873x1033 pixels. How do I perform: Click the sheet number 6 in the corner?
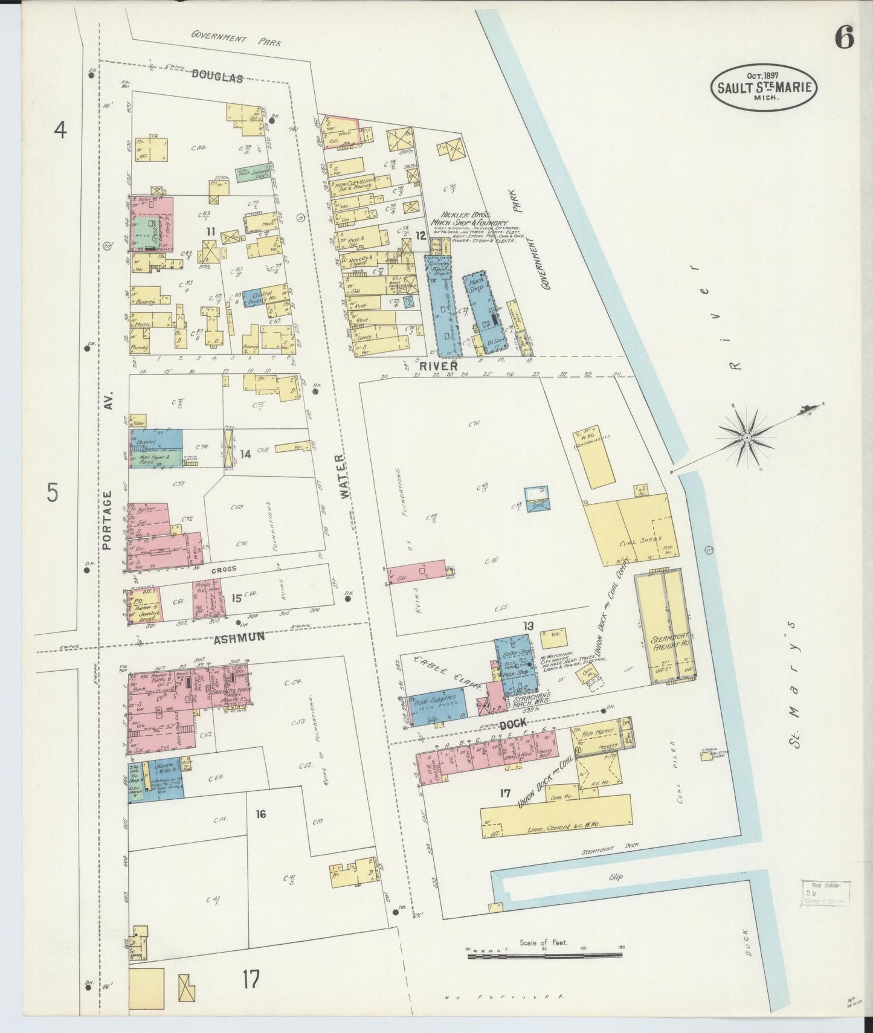844,39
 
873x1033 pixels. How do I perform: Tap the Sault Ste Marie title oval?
764,87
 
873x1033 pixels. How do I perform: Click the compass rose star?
747,436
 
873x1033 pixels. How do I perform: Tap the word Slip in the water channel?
616,877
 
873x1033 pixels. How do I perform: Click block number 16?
260,814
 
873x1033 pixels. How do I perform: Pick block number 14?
245,454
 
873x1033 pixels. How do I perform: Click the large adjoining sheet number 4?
60,130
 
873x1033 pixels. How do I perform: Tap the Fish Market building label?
596,731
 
